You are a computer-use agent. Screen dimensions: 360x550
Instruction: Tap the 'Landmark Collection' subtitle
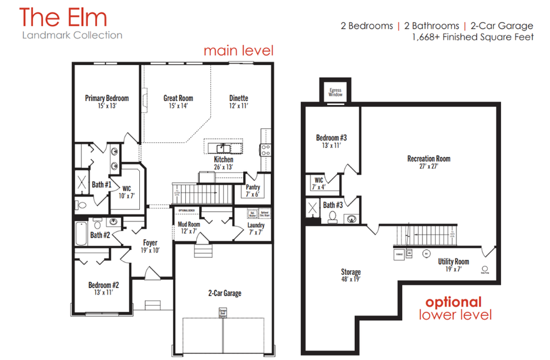tap(71, 35)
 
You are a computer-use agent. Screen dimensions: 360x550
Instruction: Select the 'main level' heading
tap(238, 50)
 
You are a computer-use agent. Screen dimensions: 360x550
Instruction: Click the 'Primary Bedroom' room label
tap(107, 98)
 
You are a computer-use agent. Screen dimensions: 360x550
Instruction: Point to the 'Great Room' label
tap(178, 98)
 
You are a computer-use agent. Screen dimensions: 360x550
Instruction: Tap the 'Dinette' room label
tap(239, 98)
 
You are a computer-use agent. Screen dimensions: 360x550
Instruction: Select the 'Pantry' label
tap(253, 188)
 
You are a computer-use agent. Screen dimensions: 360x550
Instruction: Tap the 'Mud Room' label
tap(189, 224)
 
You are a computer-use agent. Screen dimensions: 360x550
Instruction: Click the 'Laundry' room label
tap(255, 226)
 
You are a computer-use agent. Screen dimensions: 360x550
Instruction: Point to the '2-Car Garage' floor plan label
tap(224, 293)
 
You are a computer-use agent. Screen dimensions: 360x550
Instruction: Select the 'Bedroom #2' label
tap(104, 285)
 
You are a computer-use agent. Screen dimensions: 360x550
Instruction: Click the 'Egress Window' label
tap(335, 92)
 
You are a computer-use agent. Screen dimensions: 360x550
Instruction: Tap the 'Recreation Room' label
tap(428, 159)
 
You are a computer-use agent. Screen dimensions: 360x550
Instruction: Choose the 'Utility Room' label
tap(453, 262)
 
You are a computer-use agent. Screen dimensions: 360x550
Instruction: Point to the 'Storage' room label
tap(351, 272)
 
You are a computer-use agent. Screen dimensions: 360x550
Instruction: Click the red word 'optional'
tap(453, 302)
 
